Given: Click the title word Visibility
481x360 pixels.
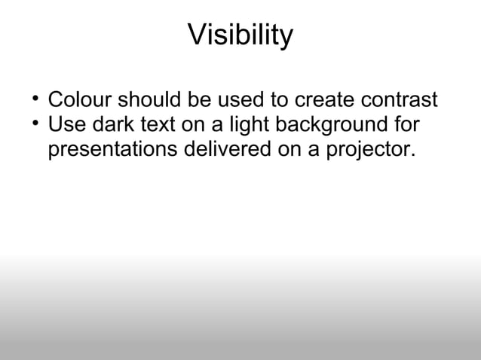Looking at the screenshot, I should (240, 35).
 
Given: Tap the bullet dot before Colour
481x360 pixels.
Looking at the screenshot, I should (35, 98).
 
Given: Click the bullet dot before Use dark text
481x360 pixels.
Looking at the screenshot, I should (35, 122).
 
